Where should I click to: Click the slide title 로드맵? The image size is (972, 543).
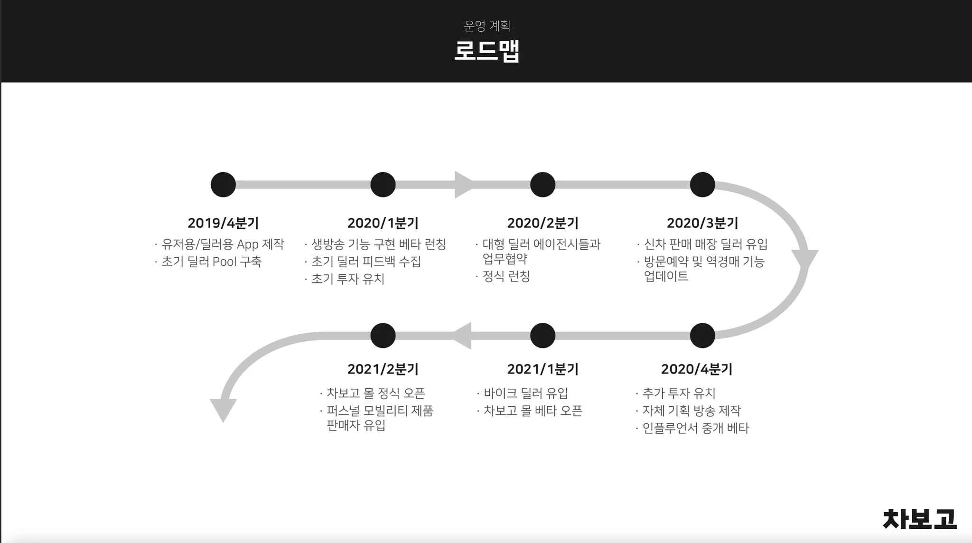(x=486, y=51)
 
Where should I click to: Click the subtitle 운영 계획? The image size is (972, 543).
(x=486, y=26)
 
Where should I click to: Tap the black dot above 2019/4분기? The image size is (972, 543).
(x=223, y=185)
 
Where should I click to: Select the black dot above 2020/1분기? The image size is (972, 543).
(x=383, y=185)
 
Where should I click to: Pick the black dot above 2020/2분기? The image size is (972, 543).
(x=542, y=185)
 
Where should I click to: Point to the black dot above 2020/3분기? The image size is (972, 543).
(x=702, y=185)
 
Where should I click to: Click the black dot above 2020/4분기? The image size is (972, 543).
(x=702, y=336)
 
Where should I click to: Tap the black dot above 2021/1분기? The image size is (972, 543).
(x=542, y=336)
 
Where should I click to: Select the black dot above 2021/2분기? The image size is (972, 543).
(x=383, y=336)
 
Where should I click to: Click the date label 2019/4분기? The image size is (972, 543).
(x=223, y=223)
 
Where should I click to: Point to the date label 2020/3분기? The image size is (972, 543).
(x=702, y=223)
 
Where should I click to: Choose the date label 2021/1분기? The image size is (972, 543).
(x=542, y=369)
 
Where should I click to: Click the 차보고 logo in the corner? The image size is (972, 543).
(x=919, y=519)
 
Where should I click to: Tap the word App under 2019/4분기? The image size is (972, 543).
(x=247, y=244)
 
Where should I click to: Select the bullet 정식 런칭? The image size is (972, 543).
(x=506, y=276)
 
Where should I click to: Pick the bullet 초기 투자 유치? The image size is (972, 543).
(x=347, y=279)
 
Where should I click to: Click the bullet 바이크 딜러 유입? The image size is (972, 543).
(x=525, y=393)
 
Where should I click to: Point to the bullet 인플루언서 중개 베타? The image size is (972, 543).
(x=695, y=428)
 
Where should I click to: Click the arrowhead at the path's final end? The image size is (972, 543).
(x=223, y=410)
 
